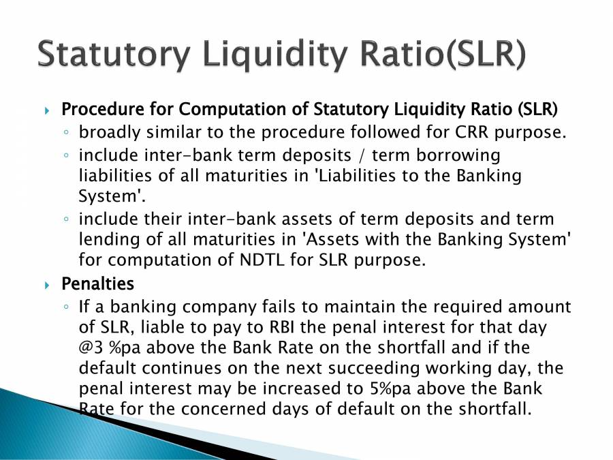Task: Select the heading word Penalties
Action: [x=97, y=283]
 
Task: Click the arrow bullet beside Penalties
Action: [x=47, y=285]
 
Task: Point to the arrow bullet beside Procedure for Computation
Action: [x=47, y=110]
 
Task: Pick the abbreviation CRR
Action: [x=471, y=132]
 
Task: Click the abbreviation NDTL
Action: [x=262, y=260]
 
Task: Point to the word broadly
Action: [x=110, y=132]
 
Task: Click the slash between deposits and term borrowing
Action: [x=361, y=155]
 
